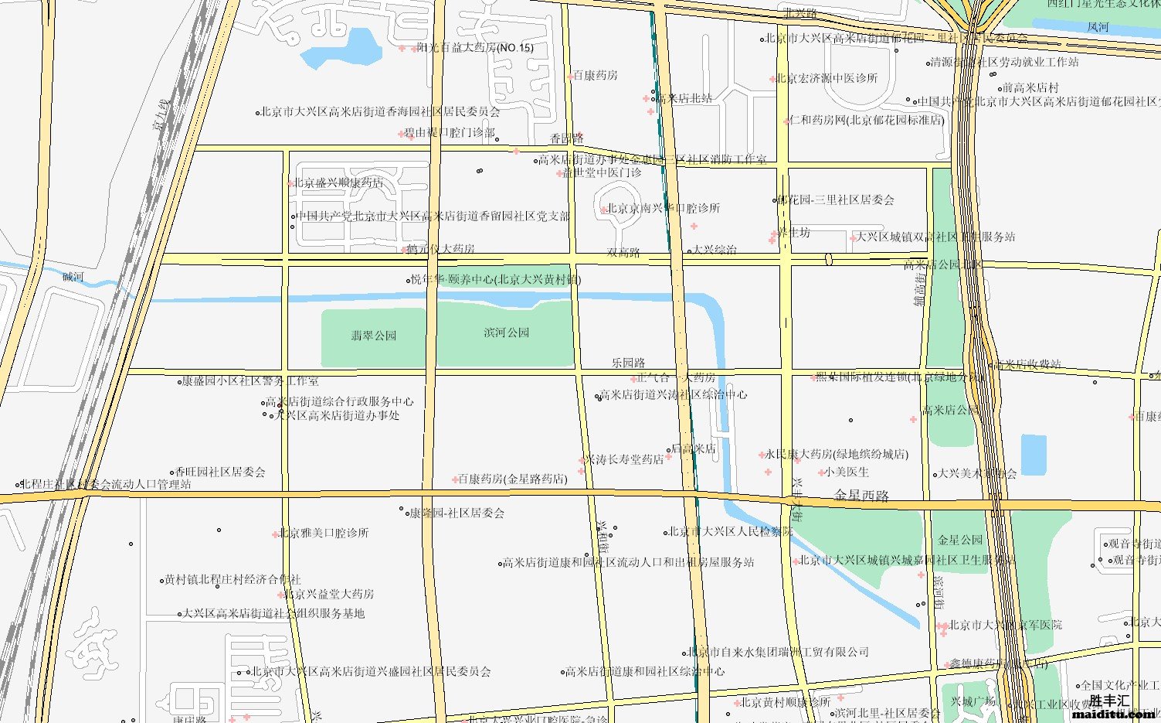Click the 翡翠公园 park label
[x=374, y=336]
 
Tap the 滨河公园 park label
[x=507, y=333]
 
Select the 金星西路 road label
[x=861, y=496]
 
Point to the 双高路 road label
[x=623, y=252]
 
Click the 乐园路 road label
[x=628, y=363]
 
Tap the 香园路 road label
[x=566, y=138]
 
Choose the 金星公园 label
[x=960, y=540]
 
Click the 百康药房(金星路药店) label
[x=512, y=479]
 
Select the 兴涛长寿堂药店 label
[x=623, y=459]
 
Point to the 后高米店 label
[x=693, y=448]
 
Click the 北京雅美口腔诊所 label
[x=324, y=533]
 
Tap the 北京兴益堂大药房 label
[x=329, y=594]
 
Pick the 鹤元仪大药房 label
[x=440, y=249]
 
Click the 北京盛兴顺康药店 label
[x=338, y=183]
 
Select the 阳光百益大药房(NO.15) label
[x=475, y=48]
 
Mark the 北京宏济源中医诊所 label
[x=827, y=78]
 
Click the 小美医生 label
[x=847, y=472]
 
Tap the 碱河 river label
[x=73, y=277]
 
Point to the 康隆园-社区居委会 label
[x=457, y=513]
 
